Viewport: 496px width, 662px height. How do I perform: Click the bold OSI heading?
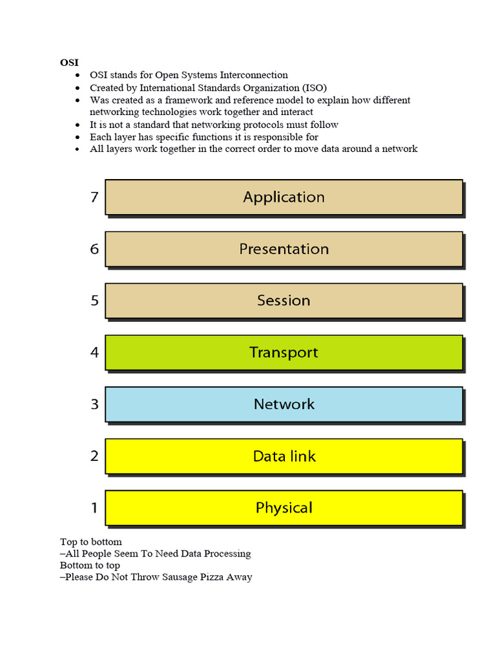point(69,63)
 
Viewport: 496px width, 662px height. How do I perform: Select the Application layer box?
point(284,197)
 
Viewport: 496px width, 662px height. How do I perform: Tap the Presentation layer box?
point(284,249)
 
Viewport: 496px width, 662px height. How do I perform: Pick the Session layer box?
point(284,301)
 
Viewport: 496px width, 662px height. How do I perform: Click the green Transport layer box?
point(284,352)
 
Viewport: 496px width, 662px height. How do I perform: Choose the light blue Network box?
point(284,404)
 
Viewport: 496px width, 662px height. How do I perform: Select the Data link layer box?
point(284,456)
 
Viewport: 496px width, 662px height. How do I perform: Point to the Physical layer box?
point(284,507)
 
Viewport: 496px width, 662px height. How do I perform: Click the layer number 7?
point(94,197)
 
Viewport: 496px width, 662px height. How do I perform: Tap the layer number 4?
point(94,352)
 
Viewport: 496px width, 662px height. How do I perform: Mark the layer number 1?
point(94,507)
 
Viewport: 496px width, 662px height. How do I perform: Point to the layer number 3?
point(94,404)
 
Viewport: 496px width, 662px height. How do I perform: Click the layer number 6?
point(94,249)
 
